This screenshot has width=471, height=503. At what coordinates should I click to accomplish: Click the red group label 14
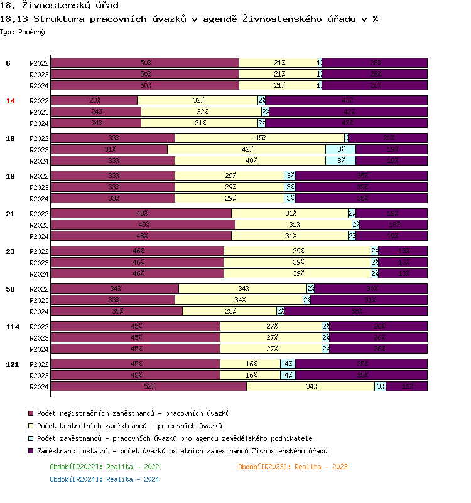click(11, 101)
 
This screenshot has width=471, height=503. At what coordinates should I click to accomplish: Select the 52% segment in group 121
click(149, 386)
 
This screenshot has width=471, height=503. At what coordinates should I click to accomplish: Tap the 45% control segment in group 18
click(259, 138)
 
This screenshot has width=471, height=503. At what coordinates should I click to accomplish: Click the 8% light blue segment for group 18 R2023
click(340, 149)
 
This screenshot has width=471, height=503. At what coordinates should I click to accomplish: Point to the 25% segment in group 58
click(230, 311)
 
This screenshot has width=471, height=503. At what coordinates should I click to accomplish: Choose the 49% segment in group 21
click(143, 225)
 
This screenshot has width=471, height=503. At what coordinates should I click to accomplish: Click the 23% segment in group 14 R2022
click(94, 100)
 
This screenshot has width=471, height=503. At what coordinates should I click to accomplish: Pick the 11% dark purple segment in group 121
click(407, 386)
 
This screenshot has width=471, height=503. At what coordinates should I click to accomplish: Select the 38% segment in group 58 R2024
click(356, 311)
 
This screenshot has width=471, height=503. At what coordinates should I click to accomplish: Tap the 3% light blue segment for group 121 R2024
click(381, 386)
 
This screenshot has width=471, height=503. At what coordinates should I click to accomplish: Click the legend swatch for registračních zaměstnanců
click(31, 414)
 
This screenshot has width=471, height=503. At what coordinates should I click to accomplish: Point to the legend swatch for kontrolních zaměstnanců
click(31, 426)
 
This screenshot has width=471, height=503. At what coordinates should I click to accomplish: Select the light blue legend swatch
click(31, 439)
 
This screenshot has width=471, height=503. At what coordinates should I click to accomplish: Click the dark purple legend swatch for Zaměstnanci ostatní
click(31, 452)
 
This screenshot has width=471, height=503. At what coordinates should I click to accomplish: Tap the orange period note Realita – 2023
click(293, 467)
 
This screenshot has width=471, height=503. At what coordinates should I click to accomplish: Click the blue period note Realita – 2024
click(104, 479)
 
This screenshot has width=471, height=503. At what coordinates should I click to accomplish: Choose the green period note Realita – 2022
click(104, 467)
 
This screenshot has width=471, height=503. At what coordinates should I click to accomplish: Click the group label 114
click(13, 327)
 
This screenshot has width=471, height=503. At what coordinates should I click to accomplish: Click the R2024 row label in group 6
click(39, 86)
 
